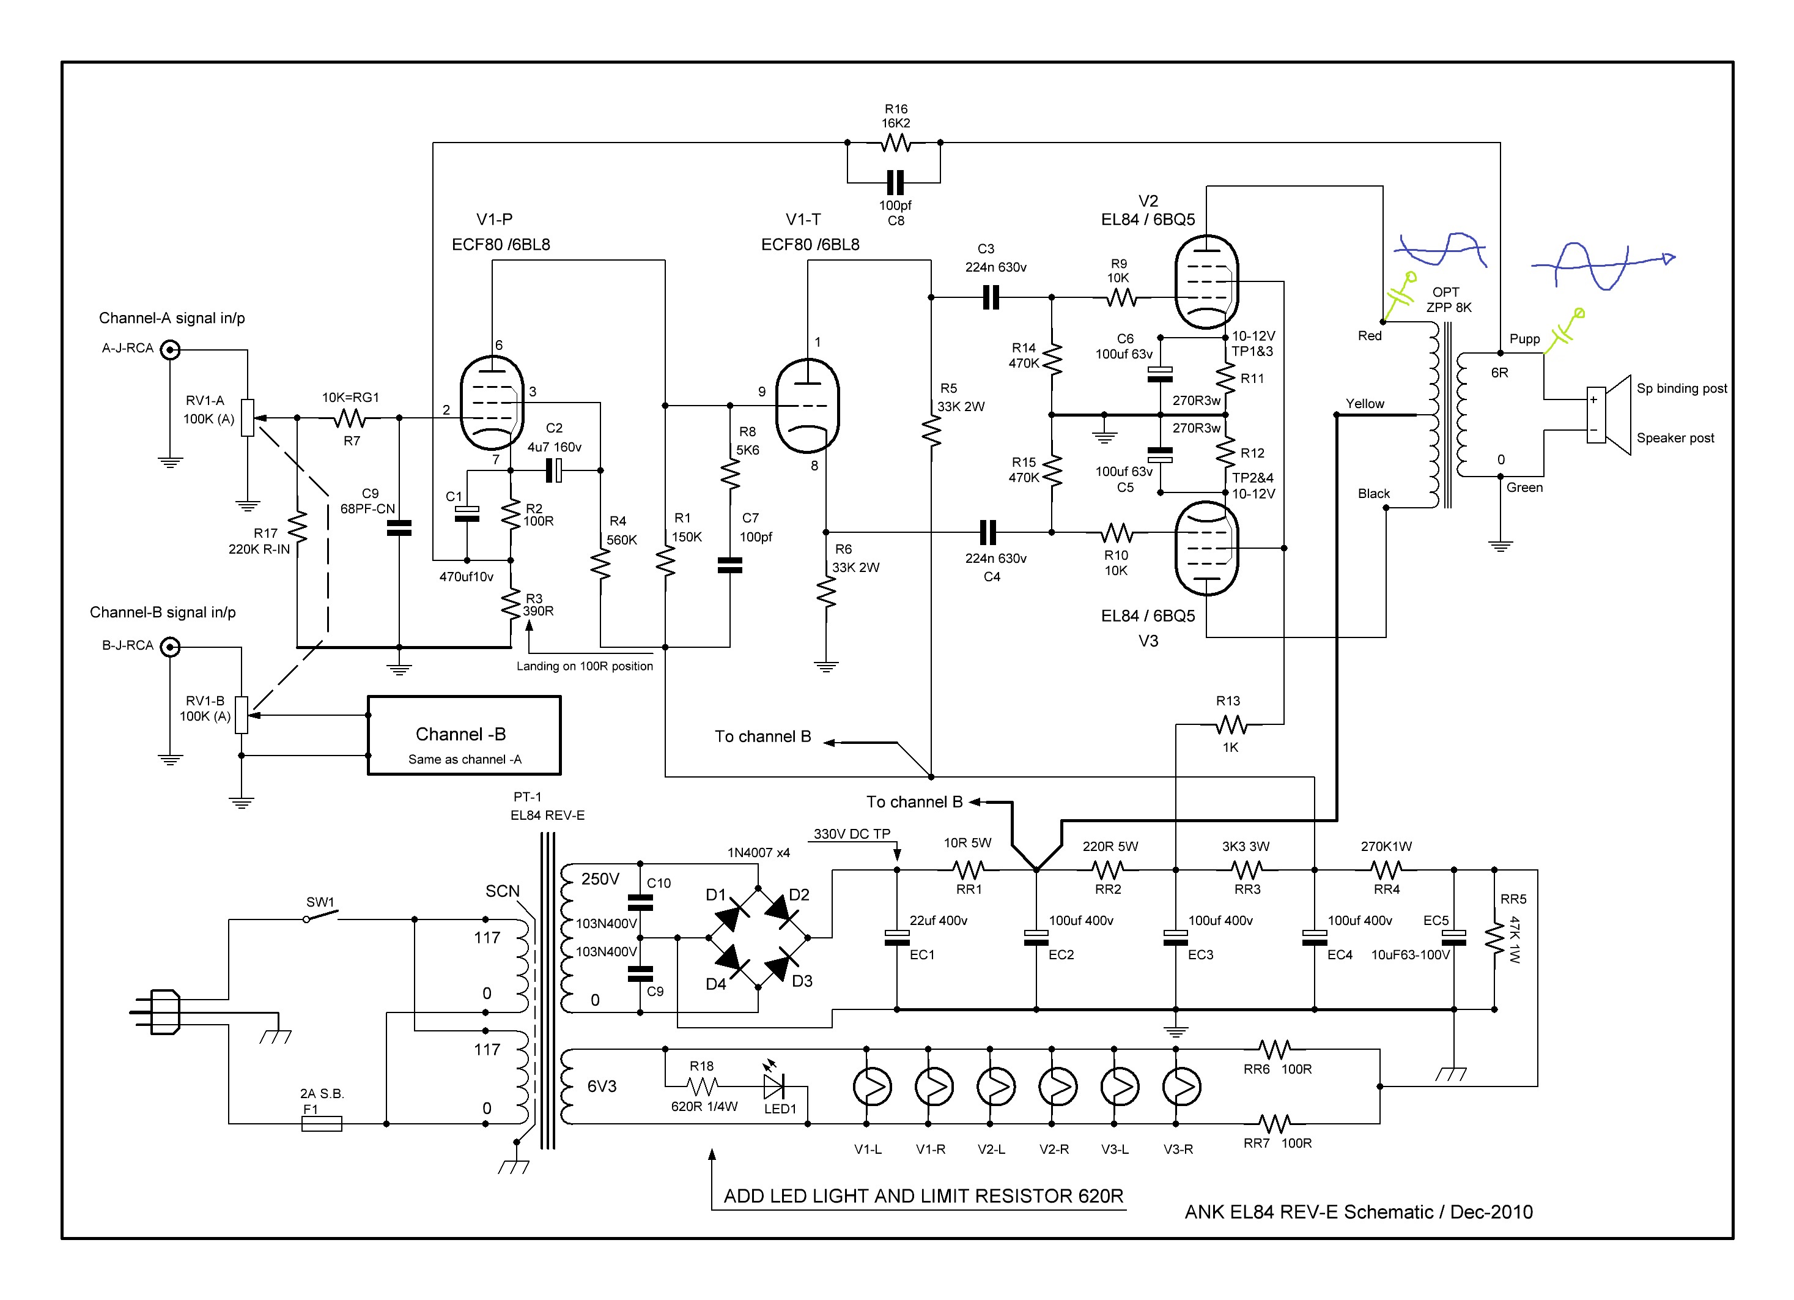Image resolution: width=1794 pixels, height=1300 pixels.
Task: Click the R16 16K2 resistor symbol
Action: (895, 143)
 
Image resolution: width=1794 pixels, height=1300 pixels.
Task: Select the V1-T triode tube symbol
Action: (807, 406)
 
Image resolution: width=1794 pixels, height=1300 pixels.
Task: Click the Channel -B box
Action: (464, 735)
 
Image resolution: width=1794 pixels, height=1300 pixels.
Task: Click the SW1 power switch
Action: (320, 917)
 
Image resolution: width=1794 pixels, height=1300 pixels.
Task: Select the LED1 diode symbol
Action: (773, 1085)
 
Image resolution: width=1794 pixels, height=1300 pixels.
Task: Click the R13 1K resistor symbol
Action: (1231, 724)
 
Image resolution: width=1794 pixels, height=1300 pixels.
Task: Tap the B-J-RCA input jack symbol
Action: (170, 647)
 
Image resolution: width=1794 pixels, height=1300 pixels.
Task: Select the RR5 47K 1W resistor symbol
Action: (1494, 938)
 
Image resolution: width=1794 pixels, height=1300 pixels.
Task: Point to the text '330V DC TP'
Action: (852, 833)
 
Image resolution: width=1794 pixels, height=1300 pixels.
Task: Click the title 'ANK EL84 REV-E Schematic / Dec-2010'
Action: (1358, 1212)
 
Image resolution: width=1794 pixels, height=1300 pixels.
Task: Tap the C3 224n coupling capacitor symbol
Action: (991, 297)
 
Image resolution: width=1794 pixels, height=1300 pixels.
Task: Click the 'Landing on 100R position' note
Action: (585, 666)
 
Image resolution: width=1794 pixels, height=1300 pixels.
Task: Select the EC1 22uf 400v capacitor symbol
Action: (896, 938)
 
